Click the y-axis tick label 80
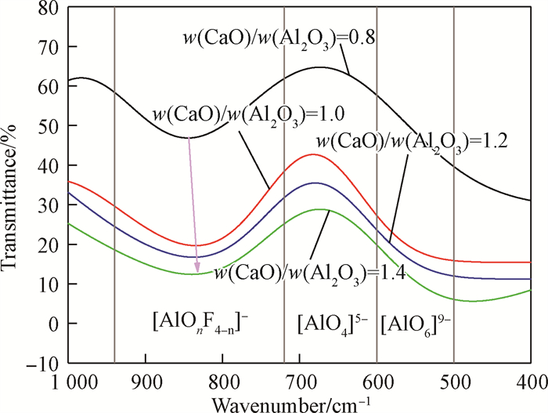49,9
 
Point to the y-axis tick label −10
44,364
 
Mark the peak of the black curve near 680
318,67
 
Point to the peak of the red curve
312,154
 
